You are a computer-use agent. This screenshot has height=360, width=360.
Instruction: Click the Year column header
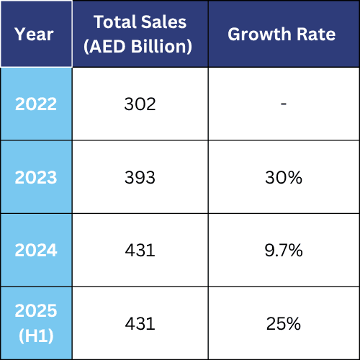point(35,35)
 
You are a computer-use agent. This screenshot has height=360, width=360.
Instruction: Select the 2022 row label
point(35,104)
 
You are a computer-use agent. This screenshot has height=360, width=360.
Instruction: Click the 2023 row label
point(35,177)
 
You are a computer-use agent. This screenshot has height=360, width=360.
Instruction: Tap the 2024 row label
point(35,251)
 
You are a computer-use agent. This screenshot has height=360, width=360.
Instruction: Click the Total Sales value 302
point(140,104)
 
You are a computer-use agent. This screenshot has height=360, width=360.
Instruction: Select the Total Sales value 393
point(140,177)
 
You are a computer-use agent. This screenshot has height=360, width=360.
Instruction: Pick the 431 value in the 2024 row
point(140,251)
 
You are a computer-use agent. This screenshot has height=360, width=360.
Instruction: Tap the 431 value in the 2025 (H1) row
point(140,323)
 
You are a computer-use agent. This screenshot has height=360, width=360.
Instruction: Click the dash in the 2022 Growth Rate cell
point(284,104)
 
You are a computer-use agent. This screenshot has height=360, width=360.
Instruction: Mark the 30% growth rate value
point(284,177)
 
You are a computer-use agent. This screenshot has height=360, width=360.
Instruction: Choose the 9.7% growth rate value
point(284,251)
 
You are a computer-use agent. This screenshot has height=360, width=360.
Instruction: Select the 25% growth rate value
point(284,323)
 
